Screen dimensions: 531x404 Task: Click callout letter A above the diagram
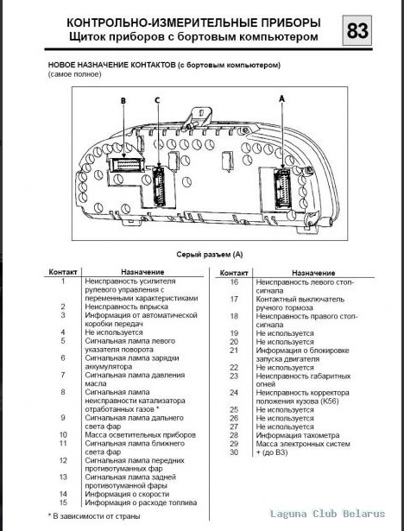282,100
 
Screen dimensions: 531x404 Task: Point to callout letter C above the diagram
157,101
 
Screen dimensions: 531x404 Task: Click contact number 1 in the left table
64,281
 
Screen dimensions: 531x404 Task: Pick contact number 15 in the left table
64,502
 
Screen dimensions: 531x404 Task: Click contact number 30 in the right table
234,452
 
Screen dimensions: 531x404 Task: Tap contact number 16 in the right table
234,281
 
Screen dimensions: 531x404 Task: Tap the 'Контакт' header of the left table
64,271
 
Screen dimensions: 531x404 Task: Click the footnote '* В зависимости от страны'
93,515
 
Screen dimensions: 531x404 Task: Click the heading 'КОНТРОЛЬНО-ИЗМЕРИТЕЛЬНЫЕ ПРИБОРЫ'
192,22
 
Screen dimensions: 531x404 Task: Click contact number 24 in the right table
234,392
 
